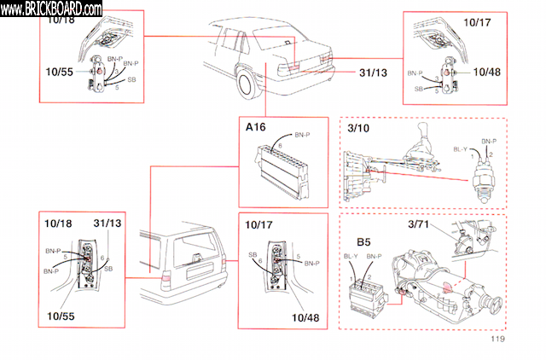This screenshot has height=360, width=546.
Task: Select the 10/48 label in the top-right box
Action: (486, 72)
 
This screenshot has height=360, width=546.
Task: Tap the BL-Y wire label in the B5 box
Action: (350, 256)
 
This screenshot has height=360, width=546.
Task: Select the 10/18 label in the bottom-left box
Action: (57, 224)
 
